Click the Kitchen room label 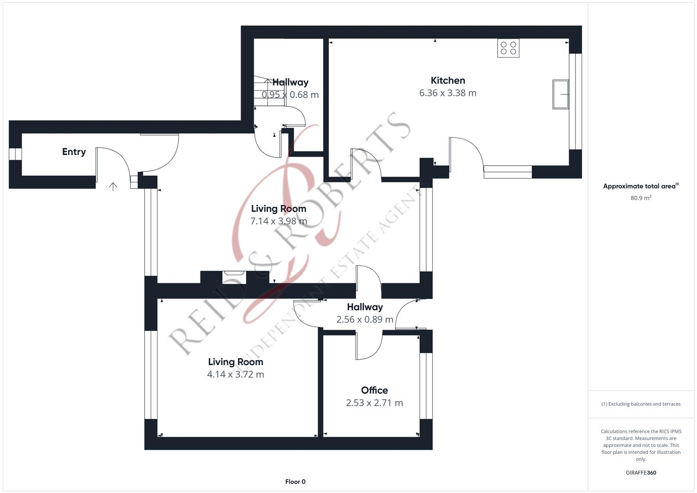(448, 80)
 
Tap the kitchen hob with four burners (508, 48)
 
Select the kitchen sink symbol (561, 94)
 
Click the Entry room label (74, 152)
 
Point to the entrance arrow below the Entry (113, 186)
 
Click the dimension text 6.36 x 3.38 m (448, 93)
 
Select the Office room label (374, 390)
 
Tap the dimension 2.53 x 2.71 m (374, 403)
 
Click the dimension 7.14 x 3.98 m (278, 221)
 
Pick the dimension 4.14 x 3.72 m (236, 374)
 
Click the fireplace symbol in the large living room (234, 277)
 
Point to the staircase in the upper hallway (262, 91)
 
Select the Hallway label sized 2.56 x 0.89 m (365, 307)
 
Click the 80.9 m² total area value (641, 198)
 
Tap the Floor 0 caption (295, 482)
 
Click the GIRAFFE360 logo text (641, 473)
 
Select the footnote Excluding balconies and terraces (641, 404)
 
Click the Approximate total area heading (641, 186)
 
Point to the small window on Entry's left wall (15, 154)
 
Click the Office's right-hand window (426, 386)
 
